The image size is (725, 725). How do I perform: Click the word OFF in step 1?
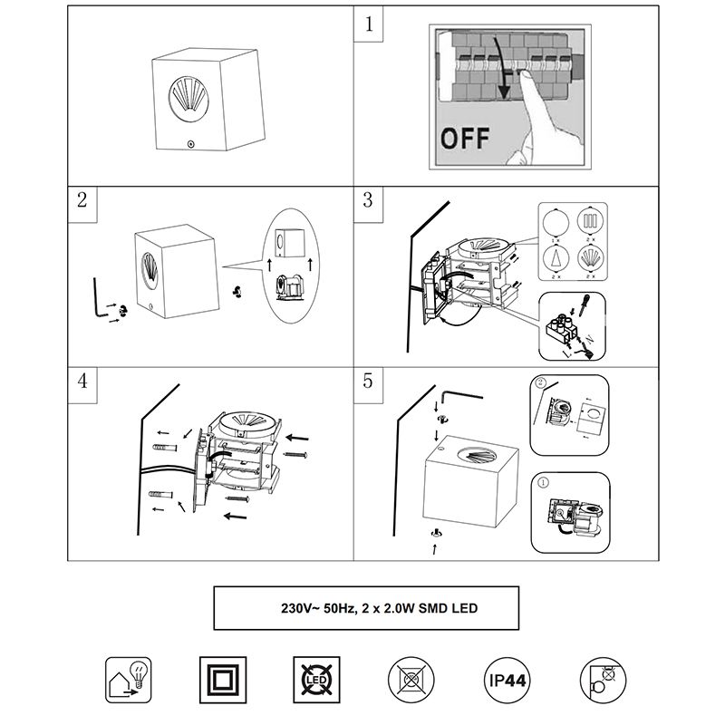pyautogui.click(x=465, y=140)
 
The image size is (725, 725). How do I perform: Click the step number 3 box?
pyautogui.click(x=367, y=201)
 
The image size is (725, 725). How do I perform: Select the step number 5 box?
pyautogui.click(x=367, y=381)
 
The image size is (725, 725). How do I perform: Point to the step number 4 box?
pyautogui.click(x=82, y=381)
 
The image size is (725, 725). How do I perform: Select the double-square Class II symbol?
pyautogui.click(x=218, y=680)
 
